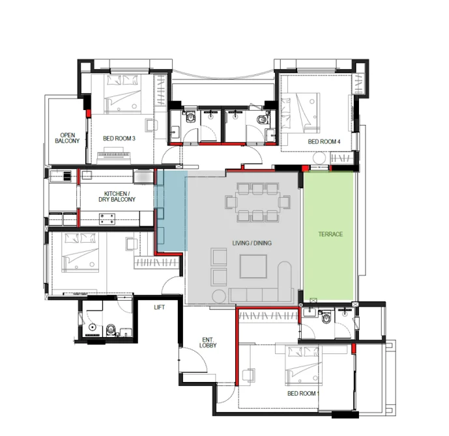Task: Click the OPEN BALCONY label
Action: click(67, 138)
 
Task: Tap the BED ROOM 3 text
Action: click(119, 139)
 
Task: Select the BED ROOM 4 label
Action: click(324, 141)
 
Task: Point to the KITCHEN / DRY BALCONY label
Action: click(117, 197)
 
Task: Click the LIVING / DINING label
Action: click(252, 243)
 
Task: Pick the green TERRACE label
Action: click(330, 234)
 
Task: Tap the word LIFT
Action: click(159, 307)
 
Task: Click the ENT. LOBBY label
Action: click(208, 342)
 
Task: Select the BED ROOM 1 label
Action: click(303, 394)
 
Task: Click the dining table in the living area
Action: click(257, 202)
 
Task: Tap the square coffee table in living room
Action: click(253, 266)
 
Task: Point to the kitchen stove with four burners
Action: click(107, 219)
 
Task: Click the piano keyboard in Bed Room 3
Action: click(113, 156)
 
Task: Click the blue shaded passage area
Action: click(171, 211)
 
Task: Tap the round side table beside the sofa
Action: click(220, 297)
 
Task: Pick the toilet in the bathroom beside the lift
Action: click(110, 330)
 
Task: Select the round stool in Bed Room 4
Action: click(319, 158)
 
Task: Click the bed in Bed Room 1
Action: click(302, 366)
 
